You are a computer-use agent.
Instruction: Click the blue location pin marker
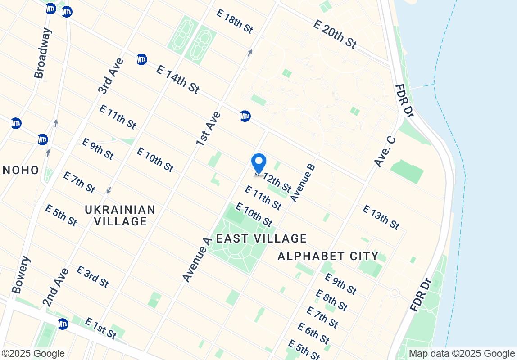pos(258,163)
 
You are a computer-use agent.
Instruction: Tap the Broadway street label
pos(43,53)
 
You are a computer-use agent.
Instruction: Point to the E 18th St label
pos(234,21)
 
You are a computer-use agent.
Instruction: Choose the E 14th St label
pos(177,79)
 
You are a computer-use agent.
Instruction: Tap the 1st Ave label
pos(208,128)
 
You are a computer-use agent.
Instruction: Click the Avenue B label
pos(303,182)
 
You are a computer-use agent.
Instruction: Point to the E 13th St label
pos(381,217)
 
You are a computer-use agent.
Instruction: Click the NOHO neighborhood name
pos(21,170)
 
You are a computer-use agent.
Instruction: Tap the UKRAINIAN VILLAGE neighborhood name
pos(120,216)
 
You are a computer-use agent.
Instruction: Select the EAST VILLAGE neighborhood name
pos(262,238)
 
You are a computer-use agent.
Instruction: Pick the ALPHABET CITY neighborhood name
pos(328,256)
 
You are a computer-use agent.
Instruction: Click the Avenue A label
pos(197,260)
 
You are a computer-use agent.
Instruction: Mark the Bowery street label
pos(22,274)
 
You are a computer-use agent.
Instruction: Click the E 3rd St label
pos(92,277)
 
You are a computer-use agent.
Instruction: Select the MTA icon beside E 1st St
pos(63,324)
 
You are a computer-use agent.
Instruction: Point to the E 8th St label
pos(331,300)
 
